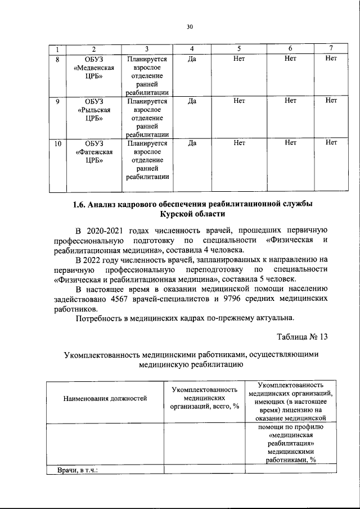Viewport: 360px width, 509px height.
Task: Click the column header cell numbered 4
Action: click(192, 48)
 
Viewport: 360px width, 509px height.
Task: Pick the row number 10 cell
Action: click(57, 143)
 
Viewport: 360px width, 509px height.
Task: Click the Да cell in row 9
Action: click(192, 101)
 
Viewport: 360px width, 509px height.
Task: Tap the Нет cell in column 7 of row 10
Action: click(331, 143)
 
